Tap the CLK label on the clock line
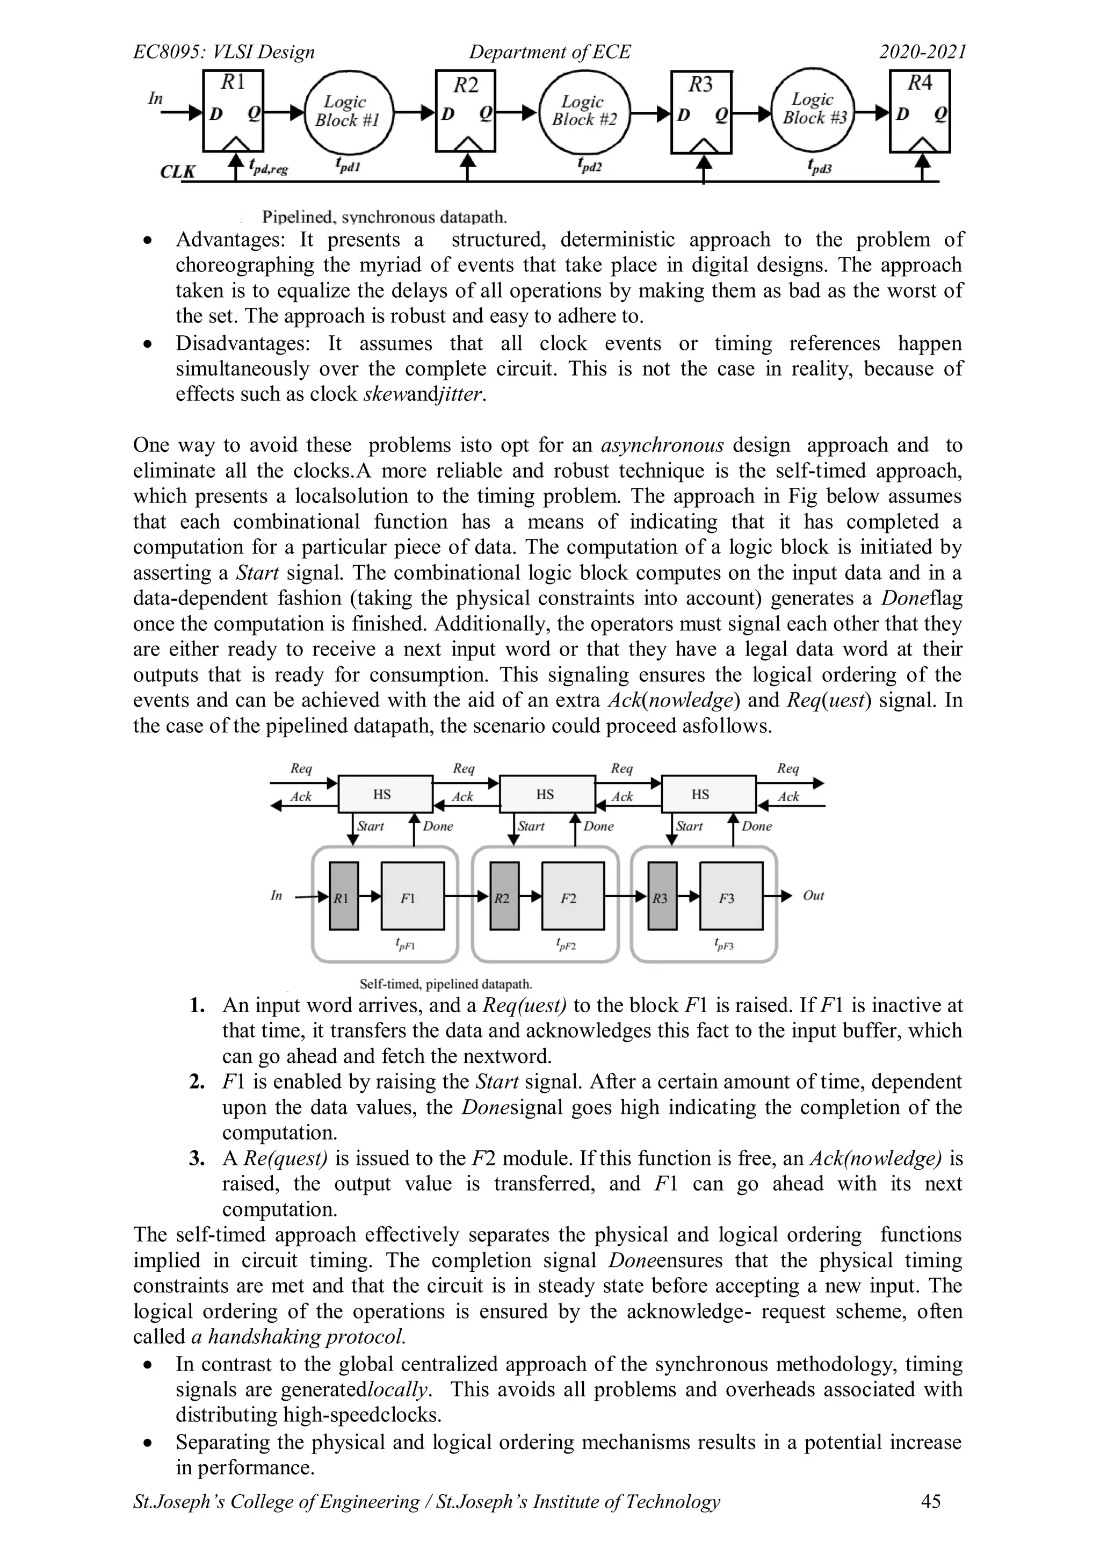click(x=177, y=171)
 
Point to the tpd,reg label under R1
click(x=269, y=166)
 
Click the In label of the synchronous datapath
click(x=155, y=98)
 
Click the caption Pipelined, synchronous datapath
click(x=384, y=218)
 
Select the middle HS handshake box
click(x=546, y=794)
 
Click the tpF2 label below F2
click(x=566, y=944)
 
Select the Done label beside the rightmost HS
click(x=757, y=826)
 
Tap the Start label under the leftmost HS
click(x=370, y=826)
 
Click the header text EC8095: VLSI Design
click(x=223, y=52)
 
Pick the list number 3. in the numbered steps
click(x=197, y=1158)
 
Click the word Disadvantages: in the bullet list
click(x=242, y=343)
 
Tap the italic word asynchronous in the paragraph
click(x=662, y=445)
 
